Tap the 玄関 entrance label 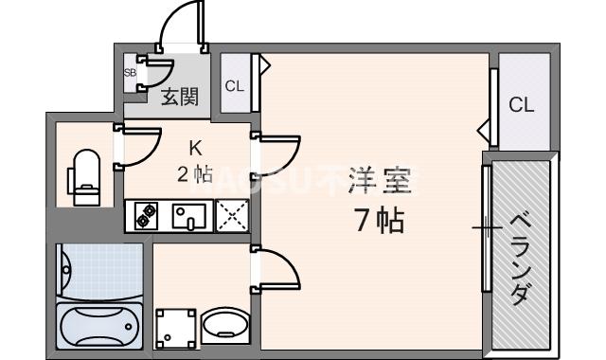coord(179,96)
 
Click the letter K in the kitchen coord(195,148)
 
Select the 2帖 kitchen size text coord(195,173)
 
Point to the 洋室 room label coord(377,181)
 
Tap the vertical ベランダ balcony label coord(519,257)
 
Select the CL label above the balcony coord(522,105)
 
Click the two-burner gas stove coord(145,217)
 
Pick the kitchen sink coord(188,217)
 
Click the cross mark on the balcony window coord(488,227)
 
